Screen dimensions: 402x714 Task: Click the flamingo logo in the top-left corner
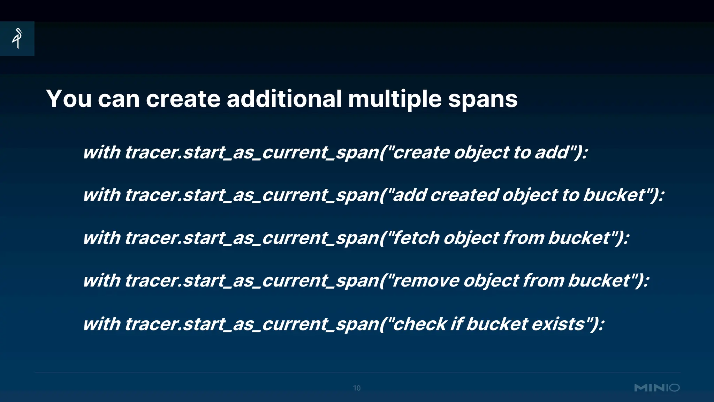click(x=17, y=38)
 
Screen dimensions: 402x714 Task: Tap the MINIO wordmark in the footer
click(x=657, y=388)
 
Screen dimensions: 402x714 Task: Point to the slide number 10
click(x=357, y=388)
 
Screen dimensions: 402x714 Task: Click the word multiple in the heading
click(x=395, y=99)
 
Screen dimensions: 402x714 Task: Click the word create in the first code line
click(x=420, y=152)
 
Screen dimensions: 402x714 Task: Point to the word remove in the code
click(x=425, y=281)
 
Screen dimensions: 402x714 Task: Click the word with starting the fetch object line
click(x=102, y=238)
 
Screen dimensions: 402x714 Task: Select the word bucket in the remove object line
click(x=599, y=281)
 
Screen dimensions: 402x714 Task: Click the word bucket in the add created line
click(x=614, y=195)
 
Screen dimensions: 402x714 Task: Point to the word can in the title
click(x=119, y=99)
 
